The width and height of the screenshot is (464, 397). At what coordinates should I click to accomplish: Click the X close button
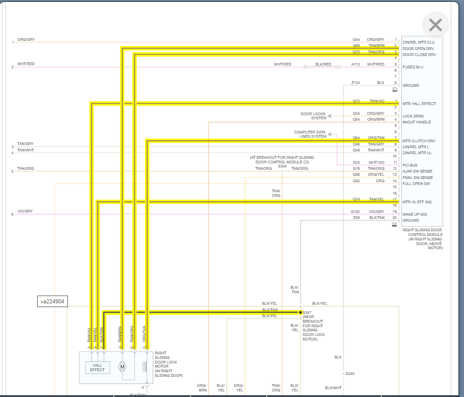(435, 25)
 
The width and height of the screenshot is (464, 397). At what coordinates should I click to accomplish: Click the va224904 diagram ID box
(52, 302)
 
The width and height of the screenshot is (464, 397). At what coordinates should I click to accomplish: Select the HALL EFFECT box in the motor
(97, 368)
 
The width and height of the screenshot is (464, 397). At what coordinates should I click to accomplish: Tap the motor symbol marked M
(122, 366)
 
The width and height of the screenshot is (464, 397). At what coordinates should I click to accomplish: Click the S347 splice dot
(301, 312)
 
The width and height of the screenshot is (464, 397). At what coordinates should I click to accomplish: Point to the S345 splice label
(350, 374)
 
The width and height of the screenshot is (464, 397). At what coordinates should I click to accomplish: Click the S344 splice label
(282, 166)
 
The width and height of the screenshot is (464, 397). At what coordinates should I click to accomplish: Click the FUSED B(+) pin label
(413, 67)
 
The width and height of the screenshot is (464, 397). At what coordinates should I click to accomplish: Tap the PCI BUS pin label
(410, 165)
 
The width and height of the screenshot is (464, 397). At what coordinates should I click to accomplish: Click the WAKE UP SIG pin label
(414, 214)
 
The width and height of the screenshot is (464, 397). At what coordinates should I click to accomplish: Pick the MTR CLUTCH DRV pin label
(419, 141)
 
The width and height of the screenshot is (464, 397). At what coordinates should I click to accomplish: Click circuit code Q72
(356, 101)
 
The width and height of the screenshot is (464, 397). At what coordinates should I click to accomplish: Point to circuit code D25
(356, 162)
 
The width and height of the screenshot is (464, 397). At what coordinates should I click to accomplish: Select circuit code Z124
(356, 83)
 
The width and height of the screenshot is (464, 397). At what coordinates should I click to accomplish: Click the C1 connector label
(395, 89)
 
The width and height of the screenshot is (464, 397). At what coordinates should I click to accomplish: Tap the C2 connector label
(394, 224)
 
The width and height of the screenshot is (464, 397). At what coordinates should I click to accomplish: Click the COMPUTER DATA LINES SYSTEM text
(310, 134)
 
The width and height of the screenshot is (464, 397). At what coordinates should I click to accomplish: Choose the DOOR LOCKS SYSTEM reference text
(313, 116)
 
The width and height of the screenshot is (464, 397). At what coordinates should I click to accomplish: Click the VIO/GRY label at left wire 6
(25, 211)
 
